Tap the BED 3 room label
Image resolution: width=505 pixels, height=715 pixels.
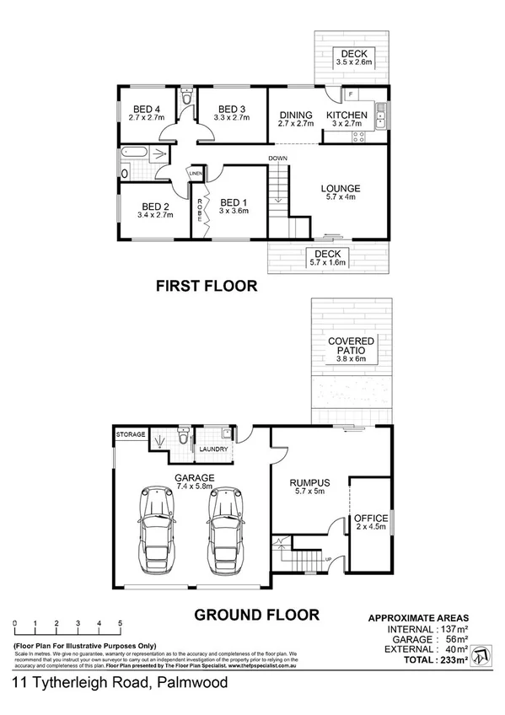(x=231, y=109)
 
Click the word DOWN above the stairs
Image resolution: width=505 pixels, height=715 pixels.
(x=278, y=159)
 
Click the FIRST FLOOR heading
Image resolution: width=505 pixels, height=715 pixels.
(x=207, y=287)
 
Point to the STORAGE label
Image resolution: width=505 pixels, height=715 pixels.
(x=131, y=434)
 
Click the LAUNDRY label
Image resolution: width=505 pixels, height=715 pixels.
(x=212, y=449)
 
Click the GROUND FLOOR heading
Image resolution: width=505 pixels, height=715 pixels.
(x=257, y=615)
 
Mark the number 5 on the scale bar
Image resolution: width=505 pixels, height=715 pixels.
(x=121, y=625)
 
